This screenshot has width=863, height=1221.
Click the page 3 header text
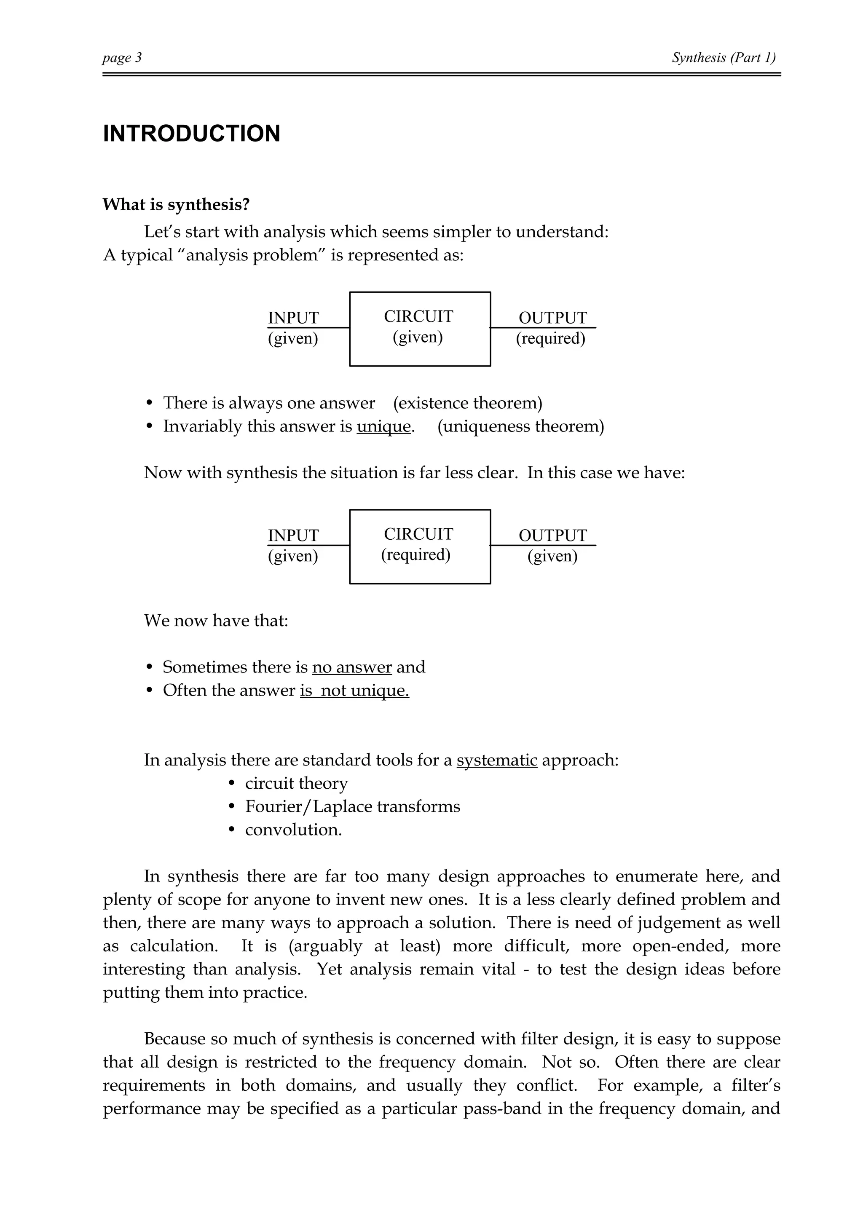coord(122,57)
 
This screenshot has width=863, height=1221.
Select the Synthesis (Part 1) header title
coord(723,57)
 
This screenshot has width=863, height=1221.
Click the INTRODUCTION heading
coord(191,134)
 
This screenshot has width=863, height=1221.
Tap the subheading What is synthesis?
coord(176,205)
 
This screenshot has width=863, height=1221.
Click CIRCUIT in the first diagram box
coord(418,316)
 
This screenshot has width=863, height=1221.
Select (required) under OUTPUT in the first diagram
coord(550,338)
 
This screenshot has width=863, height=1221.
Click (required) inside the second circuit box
coord(416,554)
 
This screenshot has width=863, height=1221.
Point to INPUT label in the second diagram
coord(293,535)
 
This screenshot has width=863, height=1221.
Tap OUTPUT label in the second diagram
coord(552,535)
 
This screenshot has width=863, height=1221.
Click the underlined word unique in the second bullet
coord(383,426)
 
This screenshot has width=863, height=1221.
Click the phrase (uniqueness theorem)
coord(520,426)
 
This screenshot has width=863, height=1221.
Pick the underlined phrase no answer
coord(351,667)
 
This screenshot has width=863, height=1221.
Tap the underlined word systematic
coord(497,760)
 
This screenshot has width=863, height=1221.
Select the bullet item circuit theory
coord(296,783)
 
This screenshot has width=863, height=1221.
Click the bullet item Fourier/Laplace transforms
coord(353,807)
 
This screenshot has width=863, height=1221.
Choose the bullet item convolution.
coord(293,830)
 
